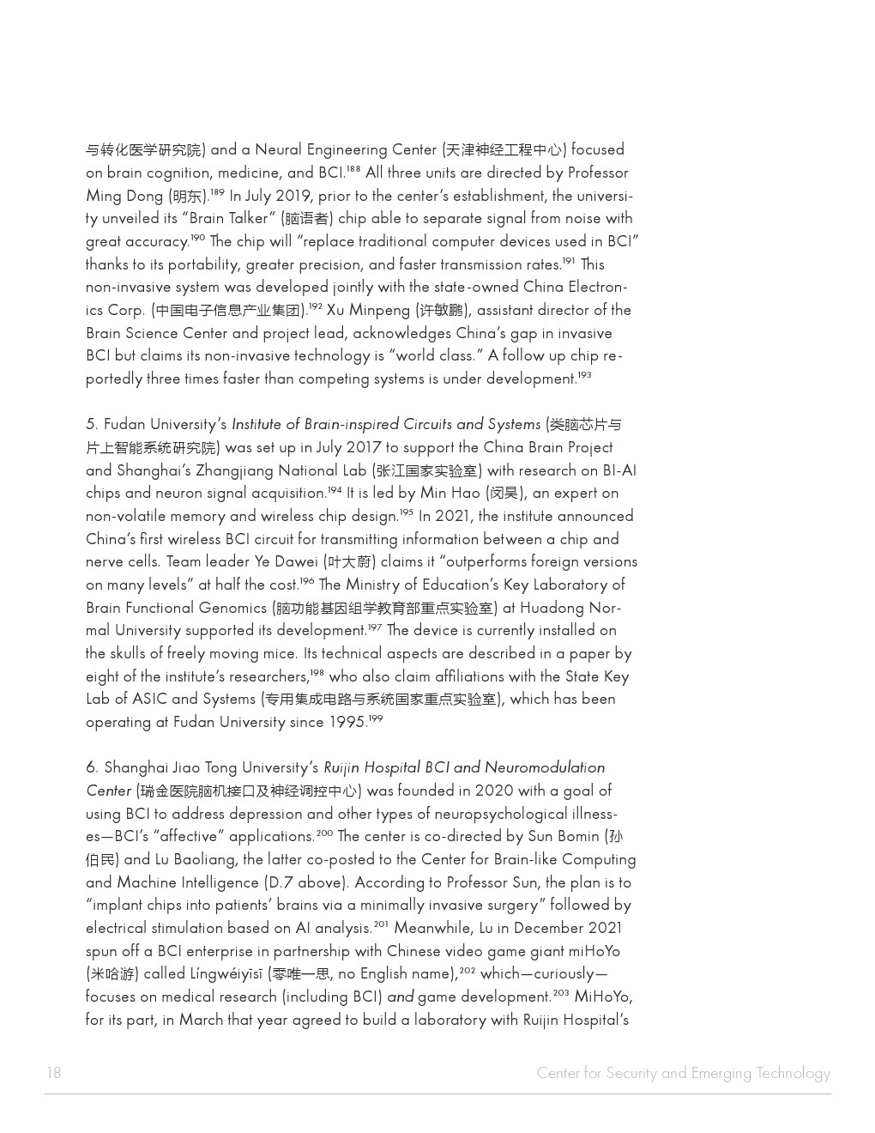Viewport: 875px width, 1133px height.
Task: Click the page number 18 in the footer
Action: [54, 1073]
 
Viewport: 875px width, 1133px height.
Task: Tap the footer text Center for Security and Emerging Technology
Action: [683, 1073]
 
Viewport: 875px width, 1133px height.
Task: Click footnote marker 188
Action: [353, 169]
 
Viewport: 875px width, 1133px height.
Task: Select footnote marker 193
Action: [584, 375]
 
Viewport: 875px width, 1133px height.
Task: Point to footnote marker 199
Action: [375, 718]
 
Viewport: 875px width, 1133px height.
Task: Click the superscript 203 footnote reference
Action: [561, 993]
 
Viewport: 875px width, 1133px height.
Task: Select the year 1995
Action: [347, 723]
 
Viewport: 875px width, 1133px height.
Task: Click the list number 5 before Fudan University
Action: [91, 425]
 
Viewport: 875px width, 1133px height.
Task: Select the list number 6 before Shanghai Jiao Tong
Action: [91, 768]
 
